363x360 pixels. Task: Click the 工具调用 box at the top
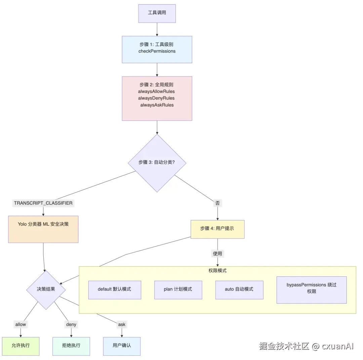point(157,13)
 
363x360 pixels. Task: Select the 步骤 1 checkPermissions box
point(157,49)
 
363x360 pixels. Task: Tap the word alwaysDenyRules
point(156,98)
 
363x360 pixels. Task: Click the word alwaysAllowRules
point(156,91)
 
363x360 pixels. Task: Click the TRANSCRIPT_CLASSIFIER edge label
point(43,203)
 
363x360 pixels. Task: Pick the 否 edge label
point(217,203)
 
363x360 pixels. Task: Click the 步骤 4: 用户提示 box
point(217,229)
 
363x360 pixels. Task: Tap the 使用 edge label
point(217,254)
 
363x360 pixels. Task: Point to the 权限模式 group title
point(217,271)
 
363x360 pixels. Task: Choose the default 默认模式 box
point(115,290)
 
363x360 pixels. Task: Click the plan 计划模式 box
point(178,290)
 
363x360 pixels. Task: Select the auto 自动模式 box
point(239,290)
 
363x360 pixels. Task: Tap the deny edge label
point(71,324)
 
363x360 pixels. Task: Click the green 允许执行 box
point(21,346)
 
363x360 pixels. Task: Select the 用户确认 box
point(122,346)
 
